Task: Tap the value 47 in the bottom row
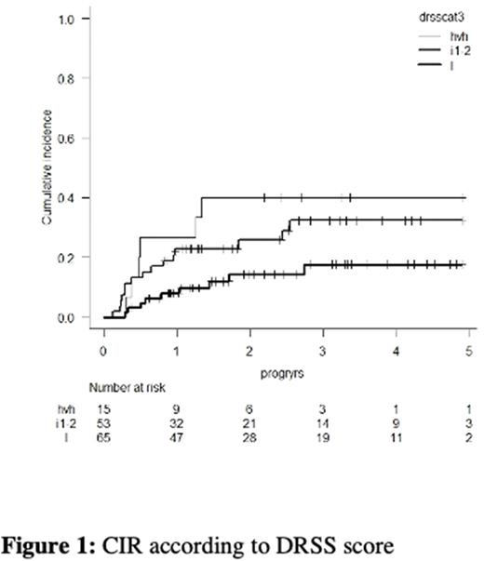[x=175, y=436]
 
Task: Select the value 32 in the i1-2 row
[x=175, y=421]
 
